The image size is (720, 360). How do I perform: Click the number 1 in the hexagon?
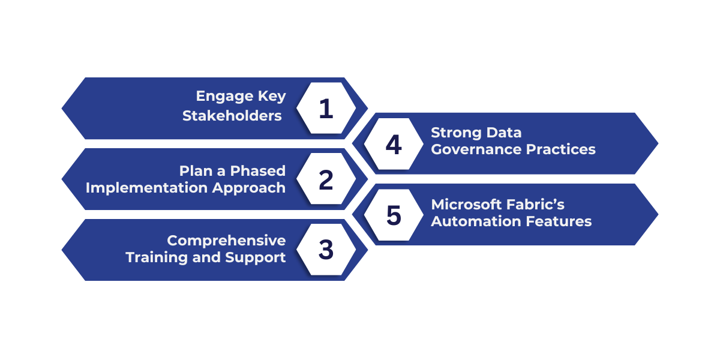(x=326, y=109)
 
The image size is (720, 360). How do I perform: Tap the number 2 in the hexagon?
(x=326, y=180)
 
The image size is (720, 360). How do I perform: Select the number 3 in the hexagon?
(x=326, y=250)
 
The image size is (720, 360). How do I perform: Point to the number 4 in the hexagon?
(x=394, y=145)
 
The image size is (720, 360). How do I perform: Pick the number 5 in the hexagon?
(x=394, y=215)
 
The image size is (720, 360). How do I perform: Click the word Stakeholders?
(x=232, y=116)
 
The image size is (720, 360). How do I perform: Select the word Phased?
(x=259, y=170)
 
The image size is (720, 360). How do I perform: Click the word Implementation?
(x=147, y=187)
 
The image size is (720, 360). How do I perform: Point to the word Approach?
(x=250, y=187)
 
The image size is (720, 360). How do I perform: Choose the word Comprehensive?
(x=226, y=241)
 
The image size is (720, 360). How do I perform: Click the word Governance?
(x=477, y=149)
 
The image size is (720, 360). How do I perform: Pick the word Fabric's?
(x=537, y=205)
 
